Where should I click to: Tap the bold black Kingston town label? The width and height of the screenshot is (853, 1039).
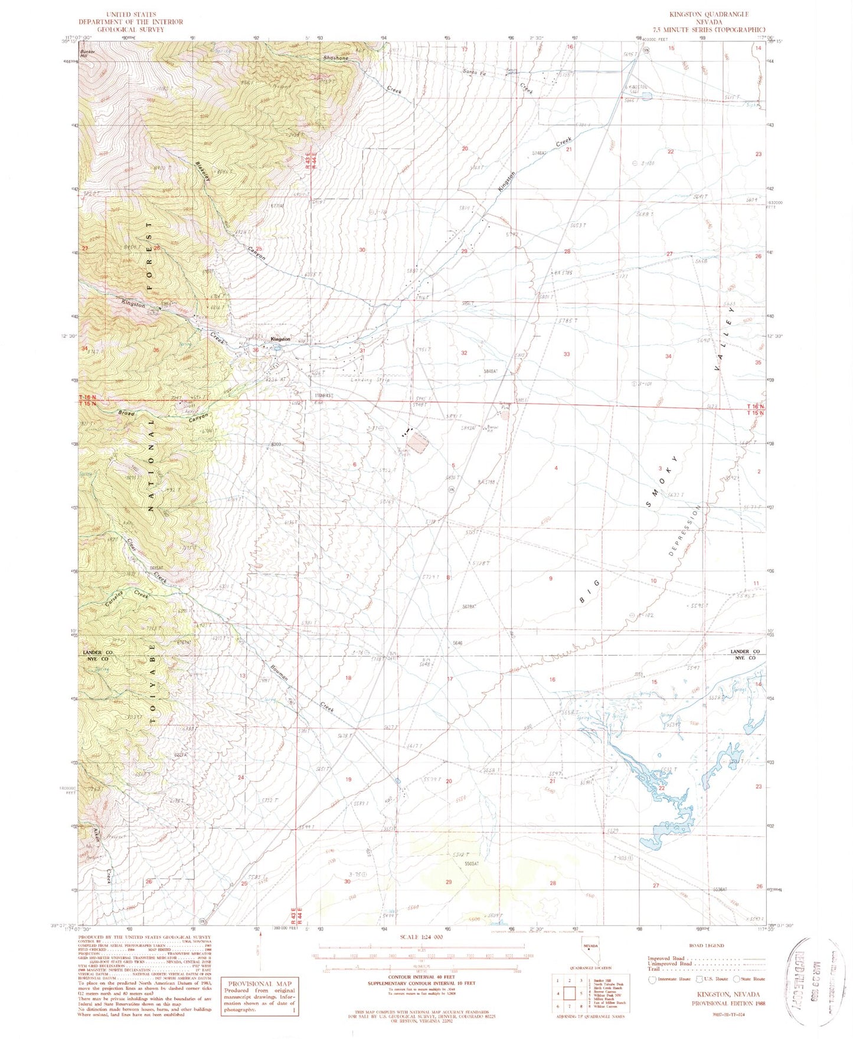pyautogui.click(x=280, y=339)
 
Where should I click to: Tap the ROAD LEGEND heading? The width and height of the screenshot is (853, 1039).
pyautogui.click(x=707, y=945)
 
